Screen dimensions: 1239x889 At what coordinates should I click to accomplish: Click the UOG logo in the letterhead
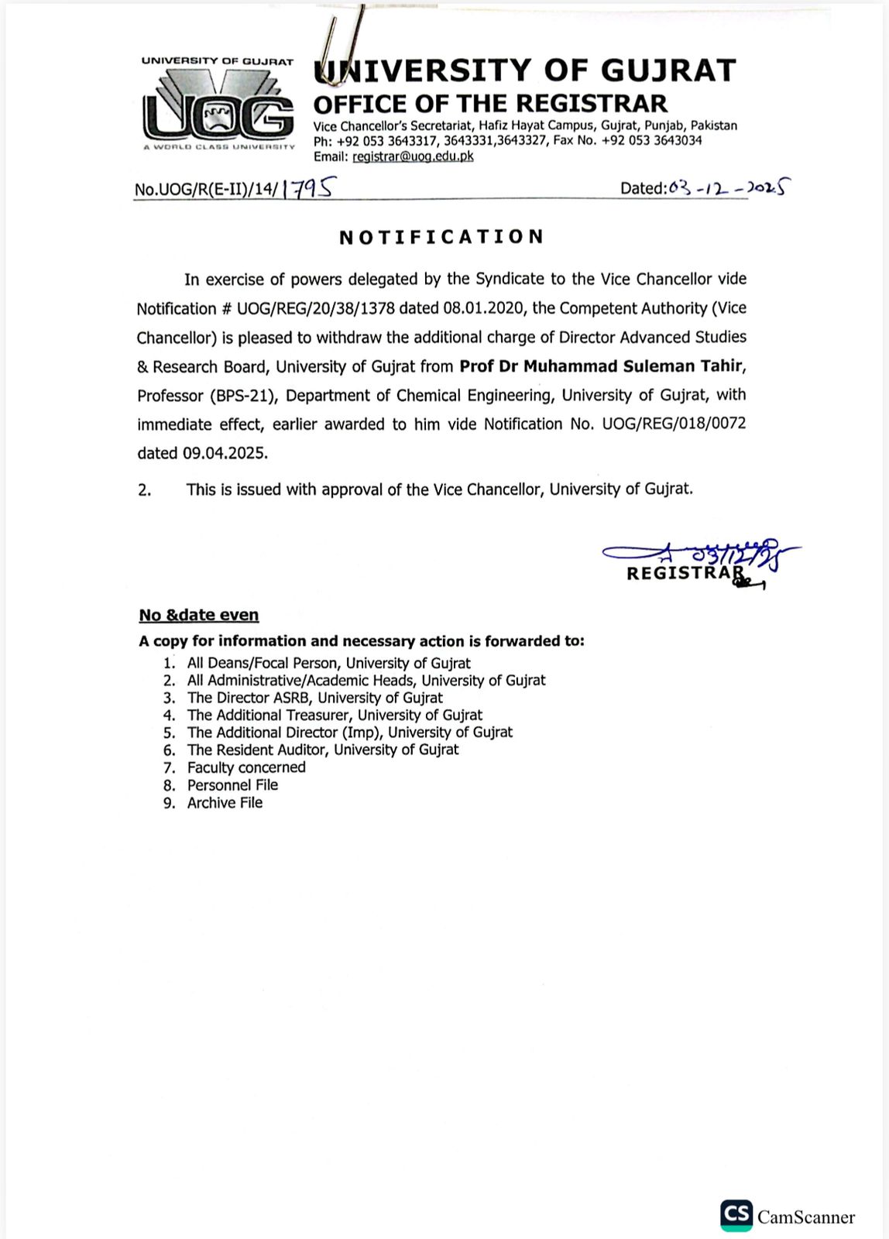(218, 105)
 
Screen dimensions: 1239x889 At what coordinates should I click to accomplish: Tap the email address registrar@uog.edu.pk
(413, 156)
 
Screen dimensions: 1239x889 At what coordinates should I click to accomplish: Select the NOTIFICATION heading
(441, 237)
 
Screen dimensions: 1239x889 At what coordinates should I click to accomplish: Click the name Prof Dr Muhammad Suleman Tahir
(602, 366)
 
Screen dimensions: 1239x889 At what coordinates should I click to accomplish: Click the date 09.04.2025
(225, 453)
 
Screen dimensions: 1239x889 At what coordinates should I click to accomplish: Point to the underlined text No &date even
(199, 615)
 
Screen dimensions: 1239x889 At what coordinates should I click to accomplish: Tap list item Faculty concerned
(246, 767)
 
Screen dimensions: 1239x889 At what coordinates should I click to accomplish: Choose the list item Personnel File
(232, 785)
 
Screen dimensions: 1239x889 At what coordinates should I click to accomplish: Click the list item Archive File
(225, 803)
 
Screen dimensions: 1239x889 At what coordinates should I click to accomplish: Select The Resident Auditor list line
(322, 750)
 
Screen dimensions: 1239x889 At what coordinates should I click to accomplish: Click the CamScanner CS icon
(736, 1216)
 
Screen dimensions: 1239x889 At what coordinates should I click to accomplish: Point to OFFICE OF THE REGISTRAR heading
(489, 104)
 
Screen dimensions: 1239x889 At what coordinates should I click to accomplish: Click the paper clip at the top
(338, 43)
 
